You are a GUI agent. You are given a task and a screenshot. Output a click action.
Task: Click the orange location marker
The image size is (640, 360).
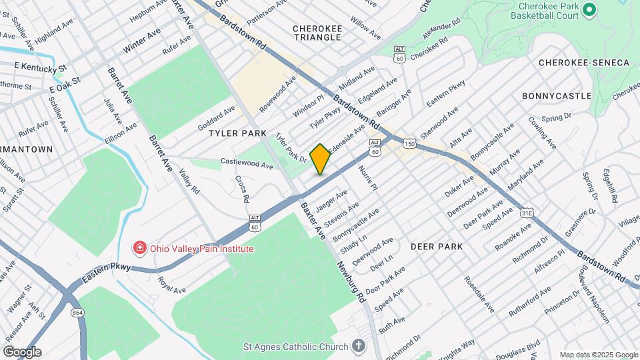pos(320,159)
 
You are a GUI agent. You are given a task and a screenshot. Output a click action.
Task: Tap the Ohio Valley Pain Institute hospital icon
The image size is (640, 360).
pos(140,249)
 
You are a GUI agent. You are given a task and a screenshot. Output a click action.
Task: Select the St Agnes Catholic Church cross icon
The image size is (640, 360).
pos(359,346)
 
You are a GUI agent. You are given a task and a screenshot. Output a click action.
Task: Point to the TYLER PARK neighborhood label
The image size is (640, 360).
pos(237,133)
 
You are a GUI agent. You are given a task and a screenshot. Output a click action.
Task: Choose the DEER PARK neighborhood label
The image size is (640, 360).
pos(437,247)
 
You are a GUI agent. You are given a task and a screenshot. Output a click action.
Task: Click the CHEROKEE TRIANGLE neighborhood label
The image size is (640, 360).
pos(317,33)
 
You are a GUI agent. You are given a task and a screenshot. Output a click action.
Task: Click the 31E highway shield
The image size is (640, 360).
pos(527,213)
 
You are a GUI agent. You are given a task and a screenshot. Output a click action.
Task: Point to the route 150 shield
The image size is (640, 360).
pos(409,144)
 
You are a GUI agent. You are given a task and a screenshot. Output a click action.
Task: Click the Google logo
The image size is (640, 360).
pos(21,352)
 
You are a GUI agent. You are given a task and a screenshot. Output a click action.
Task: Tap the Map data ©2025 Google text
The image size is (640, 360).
pos(598,354)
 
